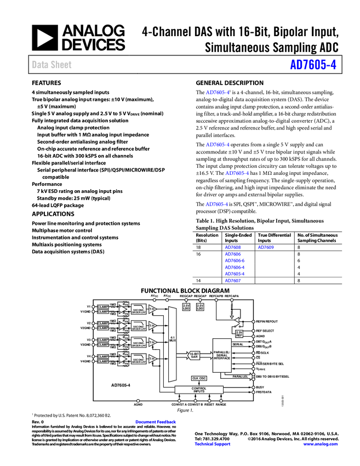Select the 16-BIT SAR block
pyautogui.click(x=194, y=355)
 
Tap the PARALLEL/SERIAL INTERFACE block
pyautogui.click(x=222, y=355)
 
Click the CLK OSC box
pyautogui.click(x=199, y=378)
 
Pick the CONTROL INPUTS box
pyautogui.click(x=199, y=390)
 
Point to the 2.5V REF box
pyautogui.click(x=239, y=333)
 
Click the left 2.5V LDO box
pyautogui.click(x=186, y=307)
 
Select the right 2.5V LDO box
pyautogui.click(x=200, y=307)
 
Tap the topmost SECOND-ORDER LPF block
pyautogui.click(x=139, y=310)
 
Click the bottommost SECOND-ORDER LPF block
pyautogui.click(x=139, y=359)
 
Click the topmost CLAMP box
pyautogui.click(x=103, y=307)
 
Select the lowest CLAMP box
pyautogui.click(x=103, y=361)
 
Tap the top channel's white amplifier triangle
pyautogui.click(x=123, y=309)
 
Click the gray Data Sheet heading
pyautogui.click(x=52, y=65)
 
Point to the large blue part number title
pyautogui.click(x=313, y=65)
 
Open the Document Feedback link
pyautogui.click(x=156, y=422)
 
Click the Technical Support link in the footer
pyautogui.click(x=213, y=444)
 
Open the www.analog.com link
pyautogui.click(x=321, y=444)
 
